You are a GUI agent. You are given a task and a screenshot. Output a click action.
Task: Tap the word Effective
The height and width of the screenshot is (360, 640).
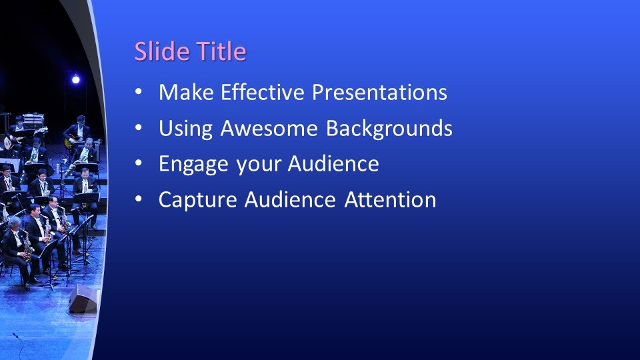point(259,93)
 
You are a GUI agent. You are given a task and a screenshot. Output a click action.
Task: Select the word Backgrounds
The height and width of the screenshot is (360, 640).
point(389,129)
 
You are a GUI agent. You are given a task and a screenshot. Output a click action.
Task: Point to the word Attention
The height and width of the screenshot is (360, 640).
point(391,200)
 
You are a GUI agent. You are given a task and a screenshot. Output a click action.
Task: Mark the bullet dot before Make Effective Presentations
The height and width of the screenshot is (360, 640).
point(138,93)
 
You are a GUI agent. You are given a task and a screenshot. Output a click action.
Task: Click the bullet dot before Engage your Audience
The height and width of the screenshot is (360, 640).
point(138,165)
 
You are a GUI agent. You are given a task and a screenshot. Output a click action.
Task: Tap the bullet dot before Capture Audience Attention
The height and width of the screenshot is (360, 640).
point(138,200)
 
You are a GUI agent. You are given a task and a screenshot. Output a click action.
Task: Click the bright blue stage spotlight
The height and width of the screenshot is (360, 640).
point(75,80)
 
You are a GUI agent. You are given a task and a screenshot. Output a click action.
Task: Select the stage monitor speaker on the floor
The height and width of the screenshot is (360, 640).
point(83,300)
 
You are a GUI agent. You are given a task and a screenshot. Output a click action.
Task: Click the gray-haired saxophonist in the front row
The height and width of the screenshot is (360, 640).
point(15,247)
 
